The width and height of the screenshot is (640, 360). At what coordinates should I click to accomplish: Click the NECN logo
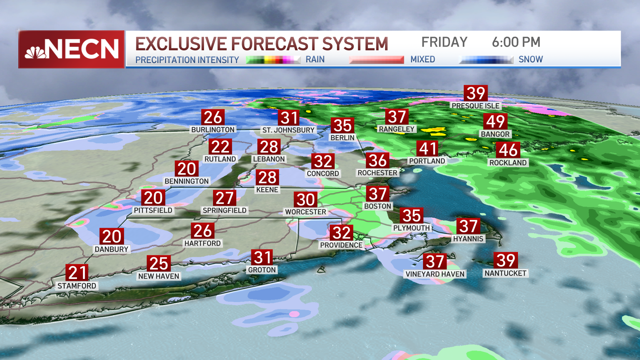pos(72,49)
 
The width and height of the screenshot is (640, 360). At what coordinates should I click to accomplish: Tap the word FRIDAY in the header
pos(444,42)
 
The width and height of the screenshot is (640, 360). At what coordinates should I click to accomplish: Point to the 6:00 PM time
pos(516,42)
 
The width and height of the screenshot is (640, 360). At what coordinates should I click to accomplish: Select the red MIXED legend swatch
pos(376,60)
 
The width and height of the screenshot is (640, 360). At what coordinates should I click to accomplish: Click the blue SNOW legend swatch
pos(486,60)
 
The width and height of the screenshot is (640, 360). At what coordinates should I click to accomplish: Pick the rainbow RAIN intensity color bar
pos(273,60)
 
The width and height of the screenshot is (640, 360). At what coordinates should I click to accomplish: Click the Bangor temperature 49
pos(495,121)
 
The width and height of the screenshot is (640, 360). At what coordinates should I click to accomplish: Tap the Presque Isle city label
pos(475,106)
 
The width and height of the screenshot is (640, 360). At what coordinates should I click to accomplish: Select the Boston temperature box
pos(378,194)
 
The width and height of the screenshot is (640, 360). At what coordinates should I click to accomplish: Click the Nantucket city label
pos(505,273)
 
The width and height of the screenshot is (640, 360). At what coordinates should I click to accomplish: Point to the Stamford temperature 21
pos(77,273)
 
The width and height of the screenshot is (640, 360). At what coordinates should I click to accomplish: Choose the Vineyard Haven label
pos(435,274)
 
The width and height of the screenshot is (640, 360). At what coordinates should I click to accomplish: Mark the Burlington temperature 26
pos(213,117)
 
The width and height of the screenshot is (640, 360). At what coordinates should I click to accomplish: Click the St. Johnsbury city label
pos(288,130)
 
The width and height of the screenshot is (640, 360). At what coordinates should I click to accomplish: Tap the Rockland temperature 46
pos(508,150)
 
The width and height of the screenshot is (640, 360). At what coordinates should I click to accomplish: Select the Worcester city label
pos(306,212)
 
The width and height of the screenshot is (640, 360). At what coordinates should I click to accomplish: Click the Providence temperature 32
pos(341,233)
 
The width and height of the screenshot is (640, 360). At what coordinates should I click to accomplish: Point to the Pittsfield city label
pos(153,210)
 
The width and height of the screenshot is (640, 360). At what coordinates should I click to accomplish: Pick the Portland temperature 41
pos(428,149)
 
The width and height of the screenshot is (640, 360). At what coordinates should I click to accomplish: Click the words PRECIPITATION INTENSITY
pos(187,60)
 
